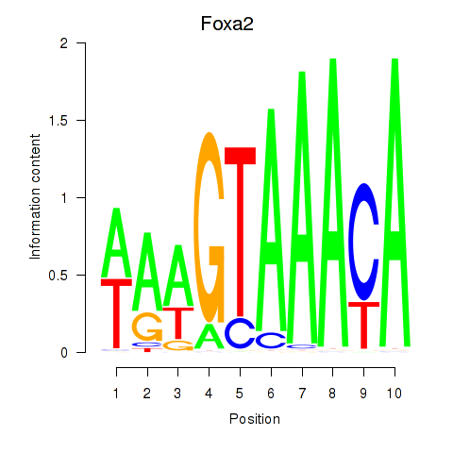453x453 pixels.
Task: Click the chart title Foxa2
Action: tap(226, 24)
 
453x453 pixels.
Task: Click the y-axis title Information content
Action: tap(35, 197)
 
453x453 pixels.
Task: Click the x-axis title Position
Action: tap(255, 419)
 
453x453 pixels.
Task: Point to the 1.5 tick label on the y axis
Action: tap(59, 121)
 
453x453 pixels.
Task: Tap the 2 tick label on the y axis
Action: tap(64, 43)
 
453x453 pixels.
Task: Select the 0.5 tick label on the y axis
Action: tap(59, 276)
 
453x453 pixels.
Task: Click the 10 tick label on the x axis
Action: tap(394, 394)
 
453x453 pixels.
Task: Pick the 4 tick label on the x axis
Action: tap(209, 394)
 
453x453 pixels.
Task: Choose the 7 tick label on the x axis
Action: tap(302, 394)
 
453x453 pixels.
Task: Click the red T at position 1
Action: tap(116, 313)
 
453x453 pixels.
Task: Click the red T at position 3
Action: tap(178, 324)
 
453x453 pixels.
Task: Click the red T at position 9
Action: tap(364, 326)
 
